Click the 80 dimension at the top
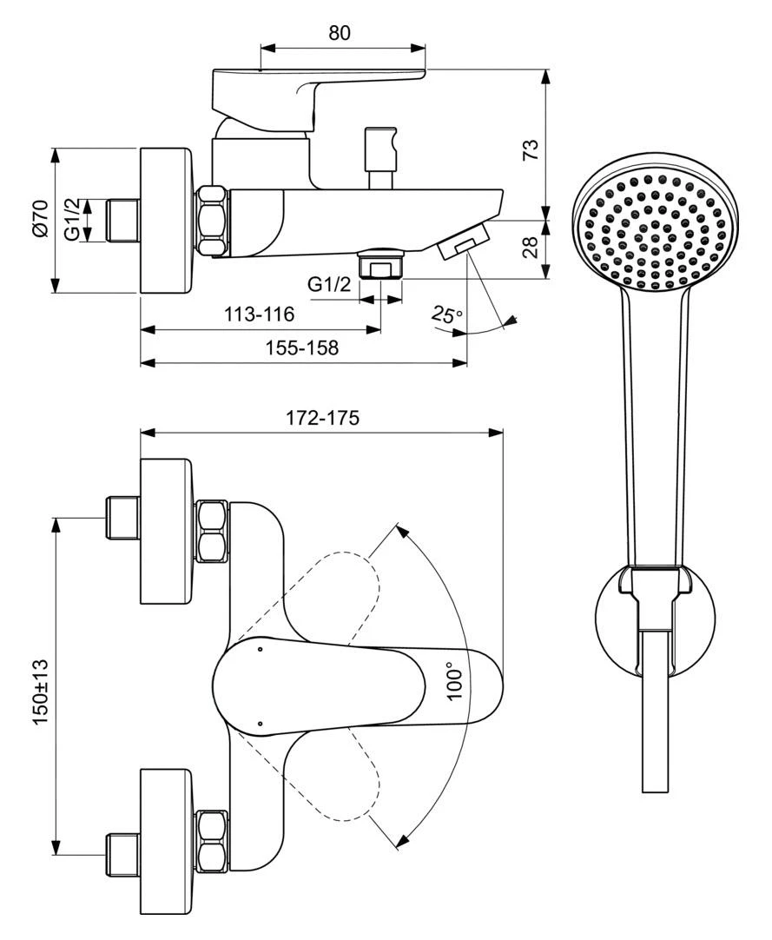[340, 32]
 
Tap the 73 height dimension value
[531, 149]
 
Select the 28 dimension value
[531, 247]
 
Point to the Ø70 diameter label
[40, 219]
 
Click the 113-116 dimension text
[260, 314]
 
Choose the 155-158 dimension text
[303, 348]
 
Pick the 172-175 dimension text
[322, 417]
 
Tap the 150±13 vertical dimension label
[41, 692]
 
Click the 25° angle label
[447, 314]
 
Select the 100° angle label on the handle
[455, 681]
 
